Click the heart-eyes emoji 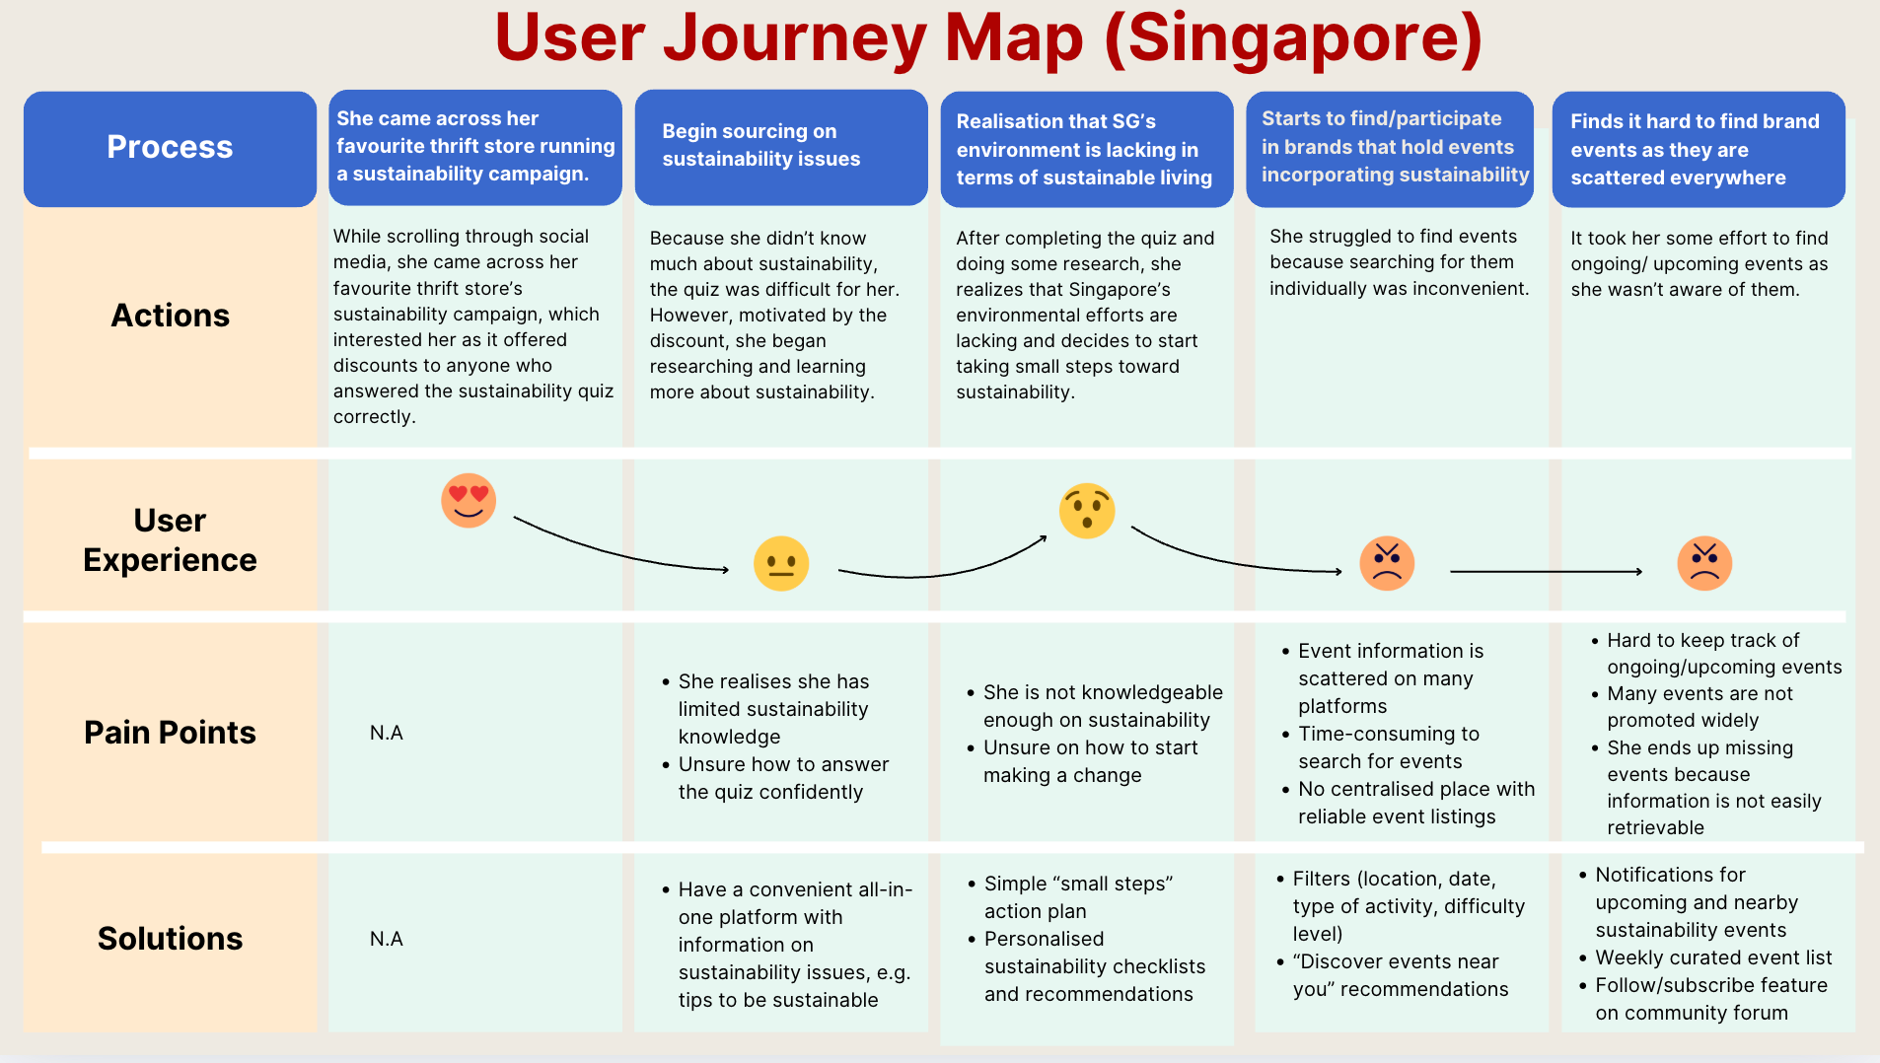[469, 501]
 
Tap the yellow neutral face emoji [781, 564]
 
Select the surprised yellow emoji [1087, 511]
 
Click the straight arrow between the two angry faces [1546, 572]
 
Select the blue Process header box [170, 148]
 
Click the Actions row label [170, 316]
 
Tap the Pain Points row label [170, 733]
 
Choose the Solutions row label [170, 939]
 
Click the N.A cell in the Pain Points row [387, 733]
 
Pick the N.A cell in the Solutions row [387, 939]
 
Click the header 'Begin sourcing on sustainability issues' [760, 146]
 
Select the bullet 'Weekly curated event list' [1713, 957]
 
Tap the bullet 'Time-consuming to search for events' [1388, 747]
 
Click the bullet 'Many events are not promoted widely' [1699, 707]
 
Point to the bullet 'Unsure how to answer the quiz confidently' [783, 778]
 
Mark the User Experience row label [170, 540]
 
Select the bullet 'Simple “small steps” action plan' [1077, 897]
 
